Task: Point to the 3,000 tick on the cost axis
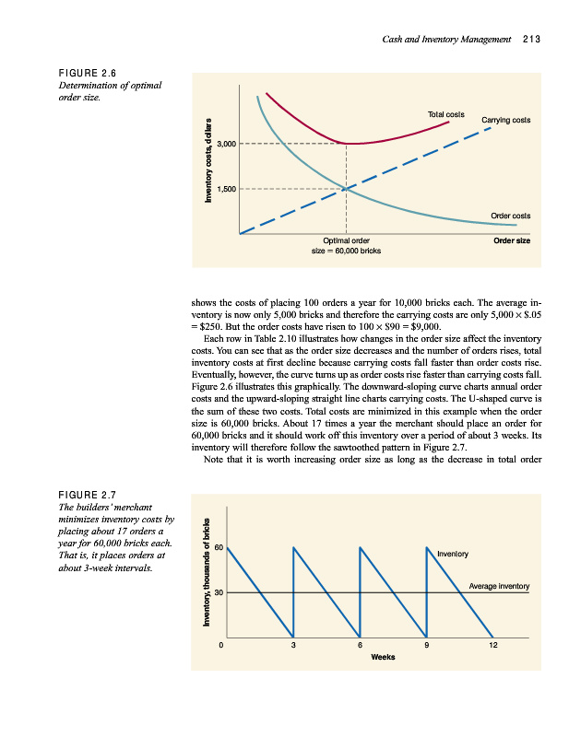(226, 145)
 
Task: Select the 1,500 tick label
(226, 189)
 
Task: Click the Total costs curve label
(445, 114)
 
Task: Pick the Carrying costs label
(506, 120)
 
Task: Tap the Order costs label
(510, 216)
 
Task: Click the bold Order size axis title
(512, 240)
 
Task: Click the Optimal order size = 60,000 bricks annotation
(346, 245)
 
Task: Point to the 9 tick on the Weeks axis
(426, 646)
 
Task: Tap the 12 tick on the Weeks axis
(493, 646)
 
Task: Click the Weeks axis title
(383, 658)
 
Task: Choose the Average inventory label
(499, 586)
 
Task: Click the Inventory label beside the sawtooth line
(453, 555)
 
